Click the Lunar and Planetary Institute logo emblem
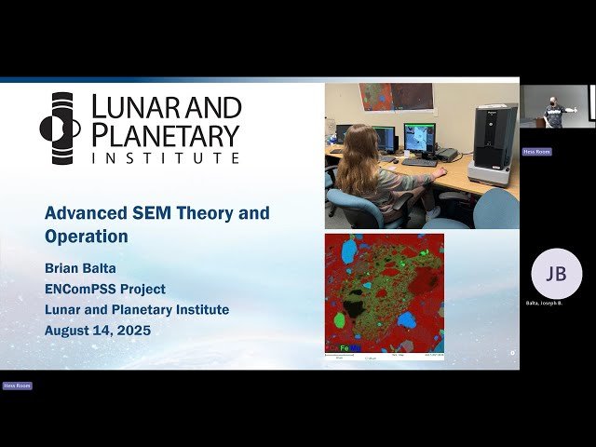(61, 129)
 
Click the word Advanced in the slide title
(84, 213)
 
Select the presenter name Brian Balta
(88, 269)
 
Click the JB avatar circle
(556, 274)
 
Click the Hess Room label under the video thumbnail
(536, 151)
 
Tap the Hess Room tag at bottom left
(17, 386)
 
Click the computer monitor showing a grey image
(419, 137)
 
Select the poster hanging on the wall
(396, 96)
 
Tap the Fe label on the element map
(345, 347)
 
